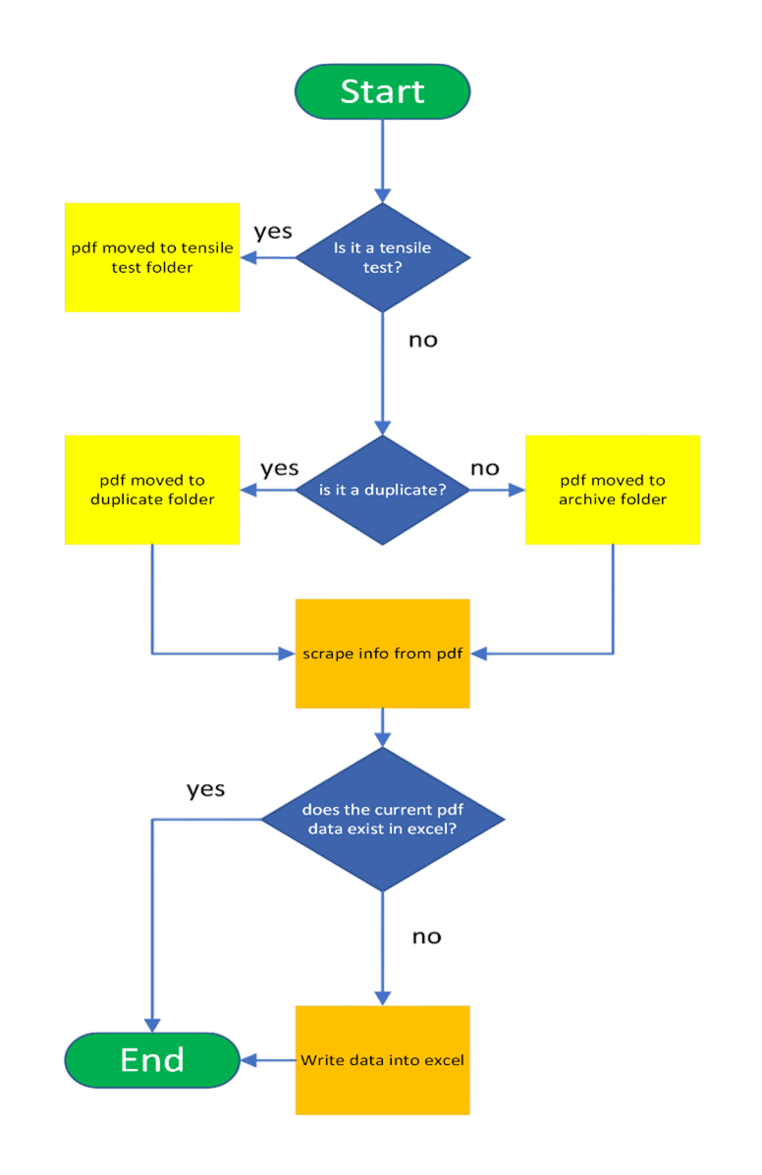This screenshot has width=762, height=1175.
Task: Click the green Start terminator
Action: point(382,91)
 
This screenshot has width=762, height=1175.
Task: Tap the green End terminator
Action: point(152,1060)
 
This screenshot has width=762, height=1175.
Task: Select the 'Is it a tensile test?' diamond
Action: point(382,258)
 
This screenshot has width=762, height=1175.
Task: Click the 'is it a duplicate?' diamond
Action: point(382,489)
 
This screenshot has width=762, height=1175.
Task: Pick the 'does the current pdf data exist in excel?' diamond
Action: point(382,820)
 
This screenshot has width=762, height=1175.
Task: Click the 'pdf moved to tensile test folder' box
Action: point(152,257)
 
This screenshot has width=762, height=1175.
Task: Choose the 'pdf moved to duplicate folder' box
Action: point(152,489)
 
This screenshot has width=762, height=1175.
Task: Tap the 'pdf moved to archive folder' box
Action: point(613,489)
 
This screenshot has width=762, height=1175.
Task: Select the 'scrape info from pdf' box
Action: point(382,653)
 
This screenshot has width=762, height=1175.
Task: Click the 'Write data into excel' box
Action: point(382,1060)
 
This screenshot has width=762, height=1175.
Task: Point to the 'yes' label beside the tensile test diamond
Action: point(273,233)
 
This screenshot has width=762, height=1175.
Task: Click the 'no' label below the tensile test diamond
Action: point(423,341)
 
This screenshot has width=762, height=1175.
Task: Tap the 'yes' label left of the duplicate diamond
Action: point(280,468)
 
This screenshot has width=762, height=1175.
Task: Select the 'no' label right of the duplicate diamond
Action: point(484,468)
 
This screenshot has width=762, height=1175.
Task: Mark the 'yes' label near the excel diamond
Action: point(206,789)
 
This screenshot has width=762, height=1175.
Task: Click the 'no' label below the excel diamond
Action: point(426,936)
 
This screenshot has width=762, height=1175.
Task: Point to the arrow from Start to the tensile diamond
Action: point(382,157)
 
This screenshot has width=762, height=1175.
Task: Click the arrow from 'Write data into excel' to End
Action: point(267,1060)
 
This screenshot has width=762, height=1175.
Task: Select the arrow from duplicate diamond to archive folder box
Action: point(497,489)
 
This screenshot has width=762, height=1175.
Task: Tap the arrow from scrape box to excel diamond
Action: point(382,729)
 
